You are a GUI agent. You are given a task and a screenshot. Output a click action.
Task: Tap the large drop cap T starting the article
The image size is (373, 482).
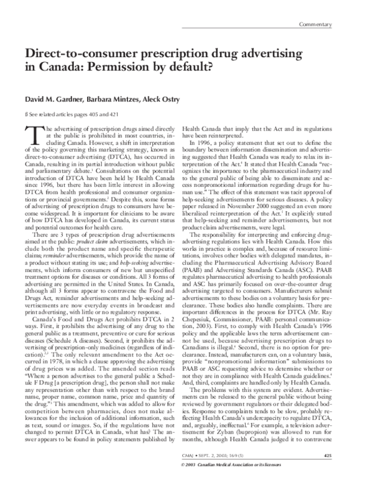[32, 134]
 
